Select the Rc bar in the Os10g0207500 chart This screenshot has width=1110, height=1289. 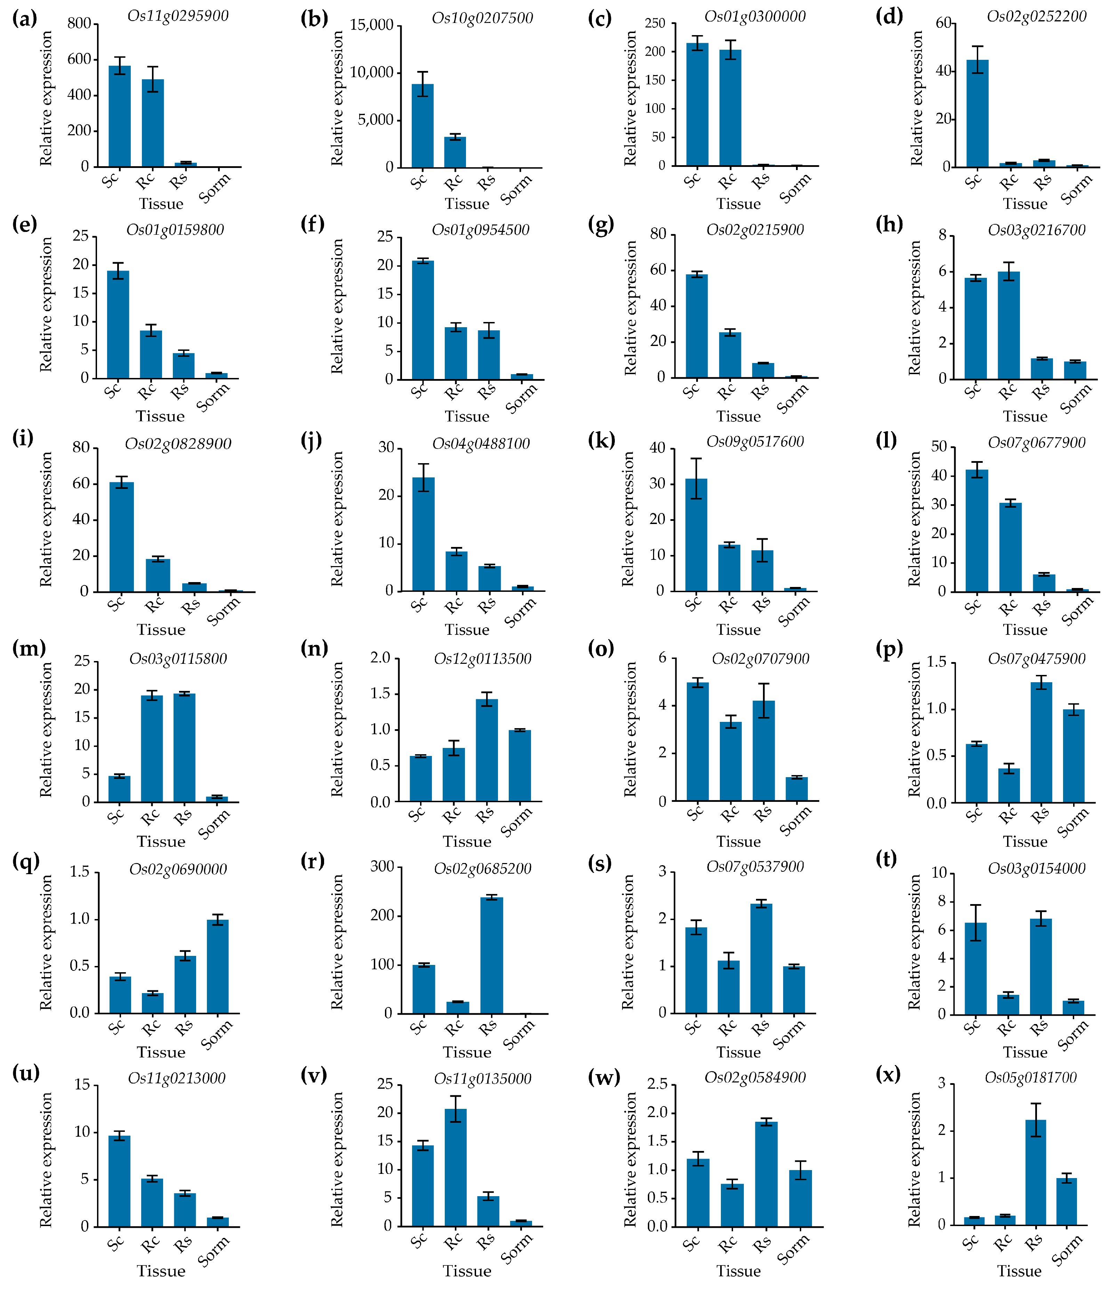tap(455, 152)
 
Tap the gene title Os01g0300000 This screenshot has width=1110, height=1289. tap(755, 16)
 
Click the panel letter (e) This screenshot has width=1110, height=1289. tap(24, 224)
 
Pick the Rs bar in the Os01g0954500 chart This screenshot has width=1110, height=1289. tap(489, 355)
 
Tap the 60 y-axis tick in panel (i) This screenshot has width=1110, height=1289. tap(81, 483)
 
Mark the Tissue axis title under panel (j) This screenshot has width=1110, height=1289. tap(467, 630)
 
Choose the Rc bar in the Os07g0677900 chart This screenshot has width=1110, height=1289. tap(1011, 547)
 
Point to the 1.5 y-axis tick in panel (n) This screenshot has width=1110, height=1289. tap(380, 694)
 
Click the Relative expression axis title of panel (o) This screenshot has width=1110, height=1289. tap(630, 729)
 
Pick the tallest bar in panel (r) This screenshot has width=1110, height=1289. tap(491, 955)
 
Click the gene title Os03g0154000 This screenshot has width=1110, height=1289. tap(1037, 869)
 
